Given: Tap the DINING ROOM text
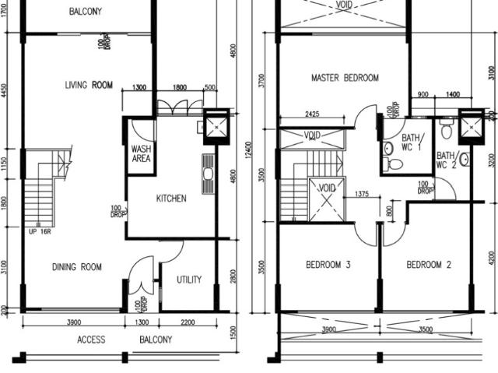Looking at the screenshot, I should tap(77, 267).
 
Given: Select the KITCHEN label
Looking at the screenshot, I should tap(171, 199).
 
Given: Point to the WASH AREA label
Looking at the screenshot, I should tap(141, 154).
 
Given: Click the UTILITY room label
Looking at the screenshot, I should tap(189, 280).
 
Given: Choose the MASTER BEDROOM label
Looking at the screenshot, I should tap(345, 78).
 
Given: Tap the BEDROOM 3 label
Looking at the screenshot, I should tap(328, 265).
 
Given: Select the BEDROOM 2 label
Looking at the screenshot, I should tap(429, 265).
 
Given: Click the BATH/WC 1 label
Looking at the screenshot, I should tap(412, 143).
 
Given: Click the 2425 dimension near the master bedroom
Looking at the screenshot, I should tap(311, 114).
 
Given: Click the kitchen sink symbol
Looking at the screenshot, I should tap(208, 174).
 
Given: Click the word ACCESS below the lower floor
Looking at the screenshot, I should tap(91, 340).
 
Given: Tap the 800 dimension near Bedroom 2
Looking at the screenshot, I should tap(390, 209).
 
